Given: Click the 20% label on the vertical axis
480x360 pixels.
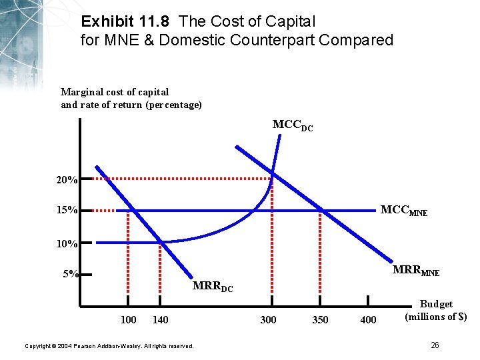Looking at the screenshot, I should pos(67,180).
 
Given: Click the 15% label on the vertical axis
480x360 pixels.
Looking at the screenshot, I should pos(67,211).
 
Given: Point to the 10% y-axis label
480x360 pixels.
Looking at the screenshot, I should pos(67,244).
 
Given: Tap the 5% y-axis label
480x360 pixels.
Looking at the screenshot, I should pos(69,273).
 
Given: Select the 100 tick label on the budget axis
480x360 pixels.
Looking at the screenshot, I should pos(128,320).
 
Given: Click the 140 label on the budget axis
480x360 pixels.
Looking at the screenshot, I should pos(160,320).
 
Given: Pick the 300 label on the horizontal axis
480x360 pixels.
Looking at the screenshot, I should pos(268,320).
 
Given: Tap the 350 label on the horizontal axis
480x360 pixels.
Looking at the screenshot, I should pos(320,320).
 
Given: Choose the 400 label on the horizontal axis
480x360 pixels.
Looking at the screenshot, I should pos(368,320).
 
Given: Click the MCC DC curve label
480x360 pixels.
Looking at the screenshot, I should pos(293,125).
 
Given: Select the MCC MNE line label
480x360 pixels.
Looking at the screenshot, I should pos(403,211).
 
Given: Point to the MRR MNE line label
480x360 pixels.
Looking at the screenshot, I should pos(415,271).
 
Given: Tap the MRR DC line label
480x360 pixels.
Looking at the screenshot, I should pos(212,287).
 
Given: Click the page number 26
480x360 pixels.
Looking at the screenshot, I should pos(435,345).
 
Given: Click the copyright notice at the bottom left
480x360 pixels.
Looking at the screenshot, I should pos(109,346).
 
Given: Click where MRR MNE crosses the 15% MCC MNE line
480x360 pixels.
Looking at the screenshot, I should pos(322,210).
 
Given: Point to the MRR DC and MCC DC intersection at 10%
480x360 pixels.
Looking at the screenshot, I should pos(160,241).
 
